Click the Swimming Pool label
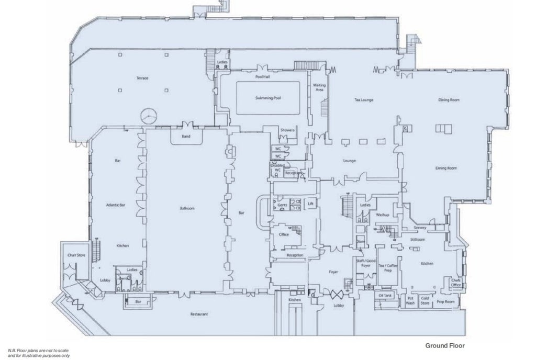point(268,98)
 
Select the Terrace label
point(142,78)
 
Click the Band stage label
point(186,137)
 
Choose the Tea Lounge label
point(363,99)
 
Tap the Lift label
point(310,203)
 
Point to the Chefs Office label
point(456,283)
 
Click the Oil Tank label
point(385,295)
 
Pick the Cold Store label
point(425,300)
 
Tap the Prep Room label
point(445,302)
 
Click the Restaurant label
point(199,314)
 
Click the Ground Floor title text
point(444,345)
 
